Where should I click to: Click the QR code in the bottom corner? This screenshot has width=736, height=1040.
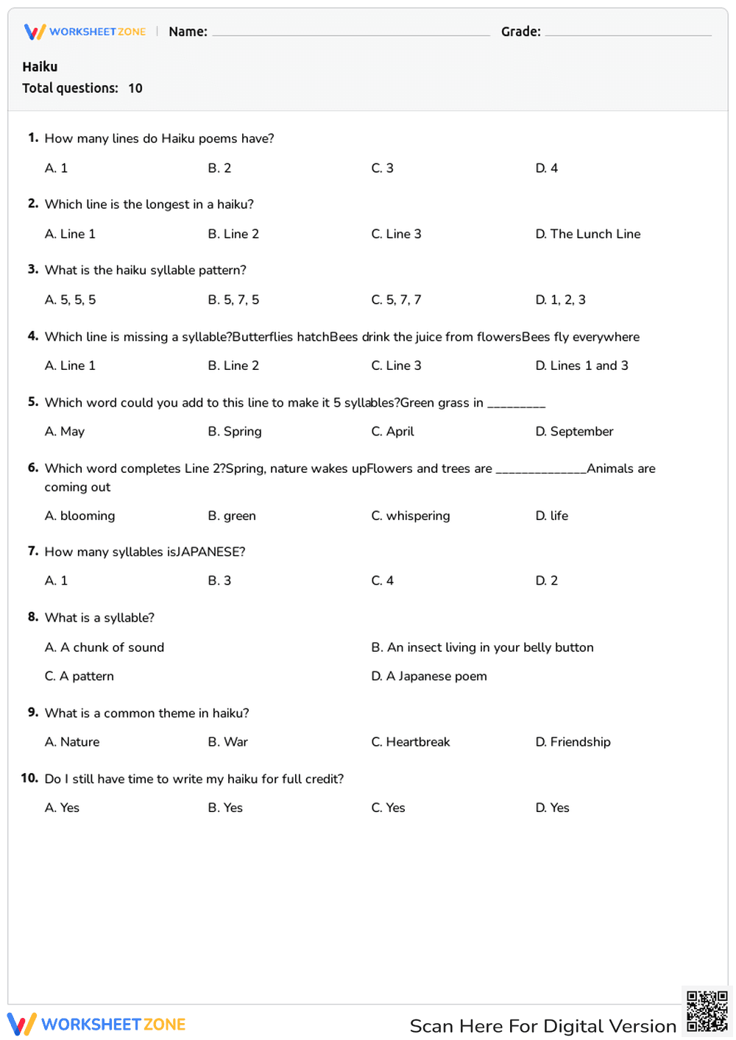pos(707,1011)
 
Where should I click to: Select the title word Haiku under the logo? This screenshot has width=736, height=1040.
pos(40,67)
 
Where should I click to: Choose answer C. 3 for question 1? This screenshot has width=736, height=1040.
pos(382,168)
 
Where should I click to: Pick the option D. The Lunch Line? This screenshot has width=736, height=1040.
pos(587,234)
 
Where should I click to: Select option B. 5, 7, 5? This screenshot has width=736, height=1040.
pos(233,300)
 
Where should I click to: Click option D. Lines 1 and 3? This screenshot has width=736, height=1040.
pos(581,366)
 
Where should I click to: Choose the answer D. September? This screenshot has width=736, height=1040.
pos(574,432)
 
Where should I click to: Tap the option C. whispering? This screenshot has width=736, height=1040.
pos(410,516)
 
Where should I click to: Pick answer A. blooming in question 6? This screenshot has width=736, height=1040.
pos(79,516)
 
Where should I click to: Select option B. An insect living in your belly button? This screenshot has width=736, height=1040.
pos(482,647)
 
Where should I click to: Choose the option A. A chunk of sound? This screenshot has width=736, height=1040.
pos(105,647)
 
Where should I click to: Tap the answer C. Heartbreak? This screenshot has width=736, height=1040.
pos(410,742)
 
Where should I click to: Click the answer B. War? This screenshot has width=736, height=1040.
pos(227,742)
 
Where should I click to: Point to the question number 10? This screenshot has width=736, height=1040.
pos(29,778)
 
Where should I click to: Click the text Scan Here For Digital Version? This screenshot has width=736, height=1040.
pos(542,1026)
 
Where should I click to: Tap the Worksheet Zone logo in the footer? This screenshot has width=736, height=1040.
pos(96,1024)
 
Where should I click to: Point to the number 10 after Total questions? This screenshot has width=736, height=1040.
pos(135,88)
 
